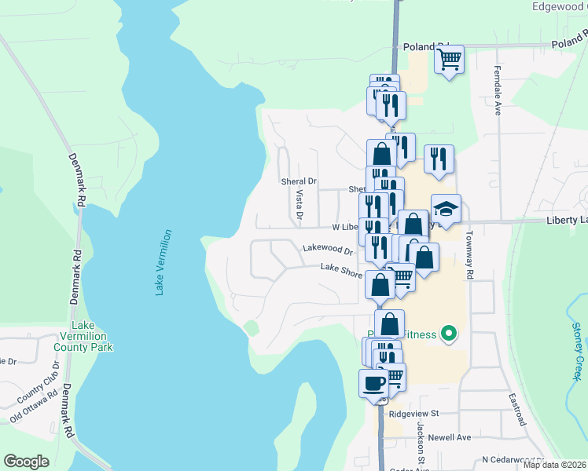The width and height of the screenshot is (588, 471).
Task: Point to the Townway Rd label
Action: (x=469, y=254)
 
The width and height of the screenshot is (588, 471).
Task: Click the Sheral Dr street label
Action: (x=299, y=181)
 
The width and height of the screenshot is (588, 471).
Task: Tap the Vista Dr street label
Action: (x=300, y=204)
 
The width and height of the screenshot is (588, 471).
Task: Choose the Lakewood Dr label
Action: (x=328, y=249)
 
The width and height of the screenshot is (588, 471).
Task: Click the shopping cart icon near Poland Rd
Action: (x=449, y=60)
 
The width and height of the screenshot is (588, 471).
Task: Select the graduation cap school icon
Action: (x=446, y=210)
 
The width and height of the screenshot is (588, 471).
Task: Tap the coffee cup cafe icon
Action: (x=373, y=384)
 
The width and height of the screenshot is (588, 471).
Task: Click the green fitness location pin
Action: (x=449, y=334)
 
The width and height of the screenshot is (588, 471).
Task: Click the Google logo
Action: (x=27, y=462)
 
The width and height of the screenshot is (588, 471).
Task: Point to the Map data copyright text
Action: (x=553, y=465)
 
